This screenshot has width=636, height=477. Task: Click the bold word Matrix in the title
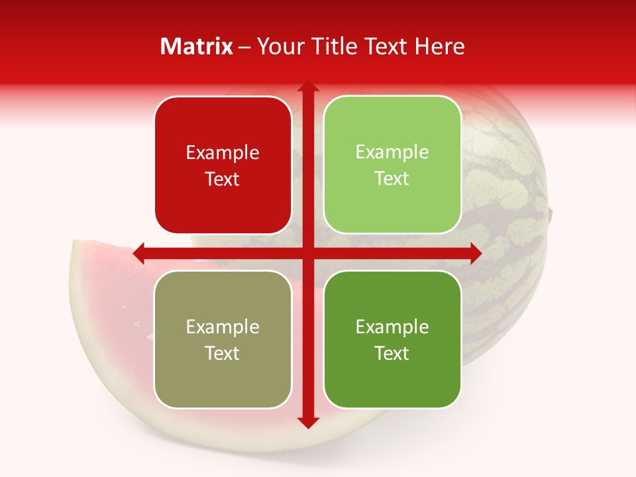[x=197, y=46]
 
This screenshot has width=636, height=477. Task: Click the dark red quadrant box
[x=223, y=165]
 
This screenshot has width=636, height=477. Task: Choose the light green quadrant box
[x=392, y=165]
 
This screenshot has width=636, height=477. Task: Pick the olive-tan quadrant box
[x=223, y=339]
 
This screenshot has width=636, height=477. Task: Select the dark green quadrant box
[x=392, y=339]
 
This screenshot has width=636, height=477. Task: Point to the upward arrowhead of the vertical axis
[x=307, y=87]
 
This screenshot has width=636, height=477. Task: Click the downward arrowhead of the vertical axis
[x=307, y=422]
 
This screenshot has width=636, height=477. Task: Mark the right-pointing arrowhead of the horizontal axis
[x=475, y=253]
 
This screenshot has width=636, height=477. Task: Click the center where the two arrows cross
[x=307, y=253]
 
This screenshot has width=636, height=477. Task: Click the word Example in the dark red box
[x=223, y=153]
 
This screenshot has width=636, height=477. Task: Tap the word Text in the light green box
[x=392, y=179]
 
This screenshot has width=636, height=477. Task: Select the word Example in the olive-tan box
[x=223, y=327]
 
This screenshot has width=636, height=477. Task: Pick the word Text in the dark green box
[x=392, y=353]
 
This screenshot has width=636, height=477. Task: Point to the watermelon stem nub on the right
[x=550, y=213]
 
